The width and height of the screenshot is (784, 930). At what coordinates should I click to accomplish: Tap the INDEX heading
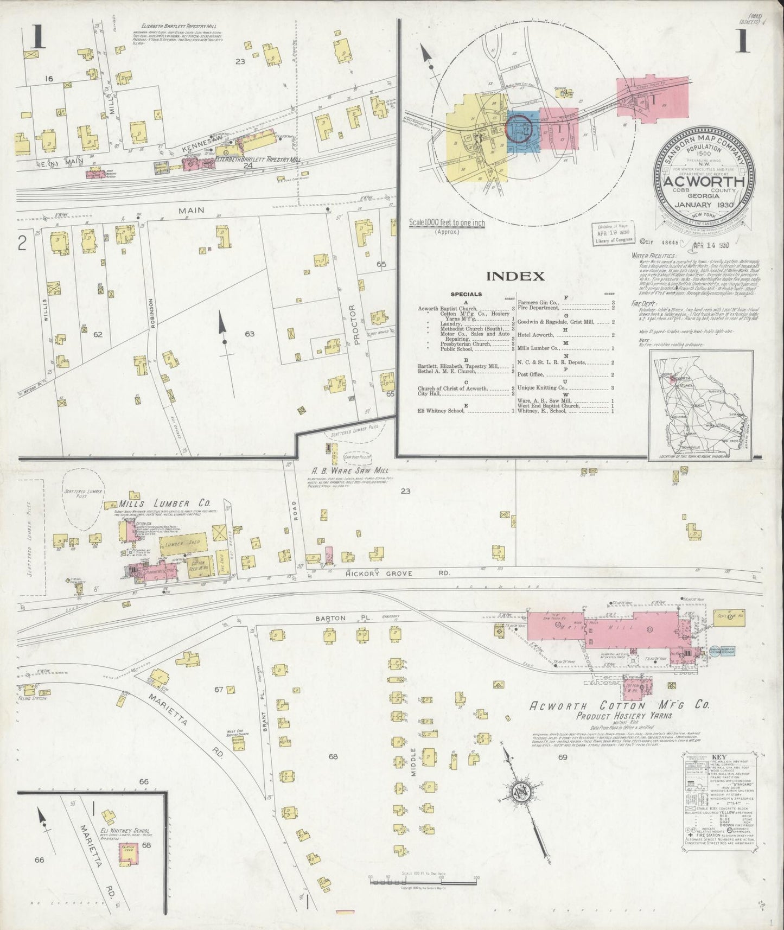[x=515, y=277]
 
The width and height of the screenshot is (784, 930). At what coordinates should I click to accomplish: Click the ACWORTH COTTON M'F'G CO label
[x=604, y=706]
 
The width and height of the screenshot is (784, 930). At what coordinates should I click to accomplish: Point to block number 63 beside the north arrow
[x=249, y=334]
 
